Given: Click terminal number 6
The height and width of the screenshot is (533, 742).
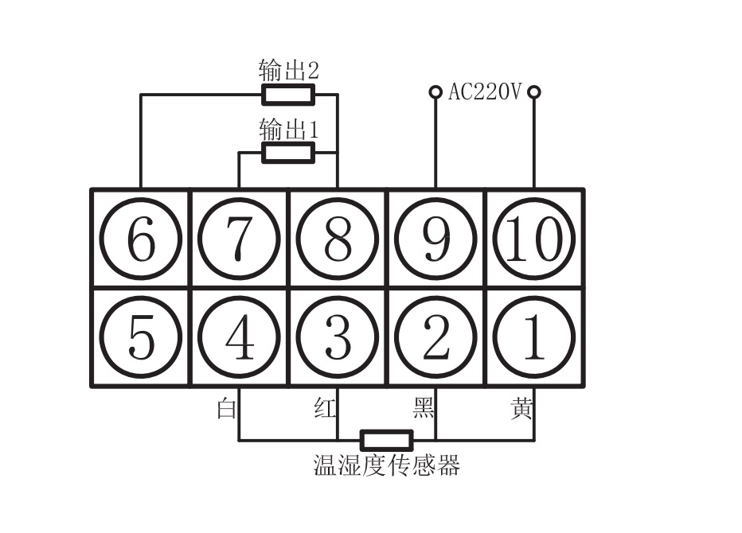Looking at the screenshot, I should tap(140, 239).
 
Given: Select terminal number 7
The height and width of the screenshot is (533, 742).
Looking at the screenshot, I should tap(239, 239).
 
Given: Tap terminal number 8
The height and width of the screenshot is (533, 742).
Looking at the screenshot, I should tap(338, 239).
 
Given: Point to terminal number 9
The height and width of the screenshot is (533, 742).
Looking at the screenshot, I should tap(435, 239).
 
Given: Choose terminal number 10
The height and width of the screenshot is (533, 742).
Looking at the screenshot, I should tap(534, 239).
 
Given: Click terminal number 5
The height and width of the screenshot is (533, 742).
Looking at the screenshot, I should tap(140, 337).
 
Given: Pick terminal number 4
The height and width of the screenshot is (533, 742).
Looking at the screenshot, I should tap(239, 337).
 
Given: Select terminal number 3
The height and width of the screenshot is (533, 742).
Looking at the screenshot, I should tap(338, 337).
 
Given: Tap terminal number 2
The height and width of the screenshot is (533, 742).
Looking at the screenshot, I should tap(435, 337).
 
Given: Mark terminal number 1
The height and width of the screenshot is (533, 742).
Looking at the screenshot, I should tap(534, 337).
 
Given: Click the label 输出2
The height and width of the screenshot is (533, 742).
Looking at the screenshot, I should tap(288, 70).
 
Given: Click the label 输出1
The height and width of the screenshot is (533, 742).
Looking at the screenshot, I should tap(288, 129).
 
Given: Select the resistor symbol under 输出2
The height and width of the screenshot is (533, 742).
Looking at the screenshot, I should tap(288, 95).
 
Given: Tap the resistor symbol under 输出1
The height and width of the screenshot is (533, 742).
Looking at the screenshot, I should tap(288, 153).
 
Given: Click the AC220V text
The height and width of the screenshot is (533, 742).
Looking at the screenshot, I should tap(484, 92).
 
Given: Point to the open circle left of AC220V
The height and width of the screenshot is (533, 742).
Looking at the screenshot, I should tap(435, 92).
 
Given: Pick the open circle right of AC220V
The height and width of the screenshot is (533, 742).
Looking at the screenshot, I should tap(534, 92).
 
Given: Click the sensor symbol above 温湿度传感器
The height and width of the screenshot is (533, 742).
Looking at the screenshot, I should tap(387, 440).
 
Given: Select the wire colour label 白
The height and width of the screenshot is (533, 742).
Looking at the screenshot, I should tap(226, 409).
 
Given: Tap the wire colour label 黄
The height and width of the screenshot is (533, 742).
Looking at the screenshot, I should tap(521, 409).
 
